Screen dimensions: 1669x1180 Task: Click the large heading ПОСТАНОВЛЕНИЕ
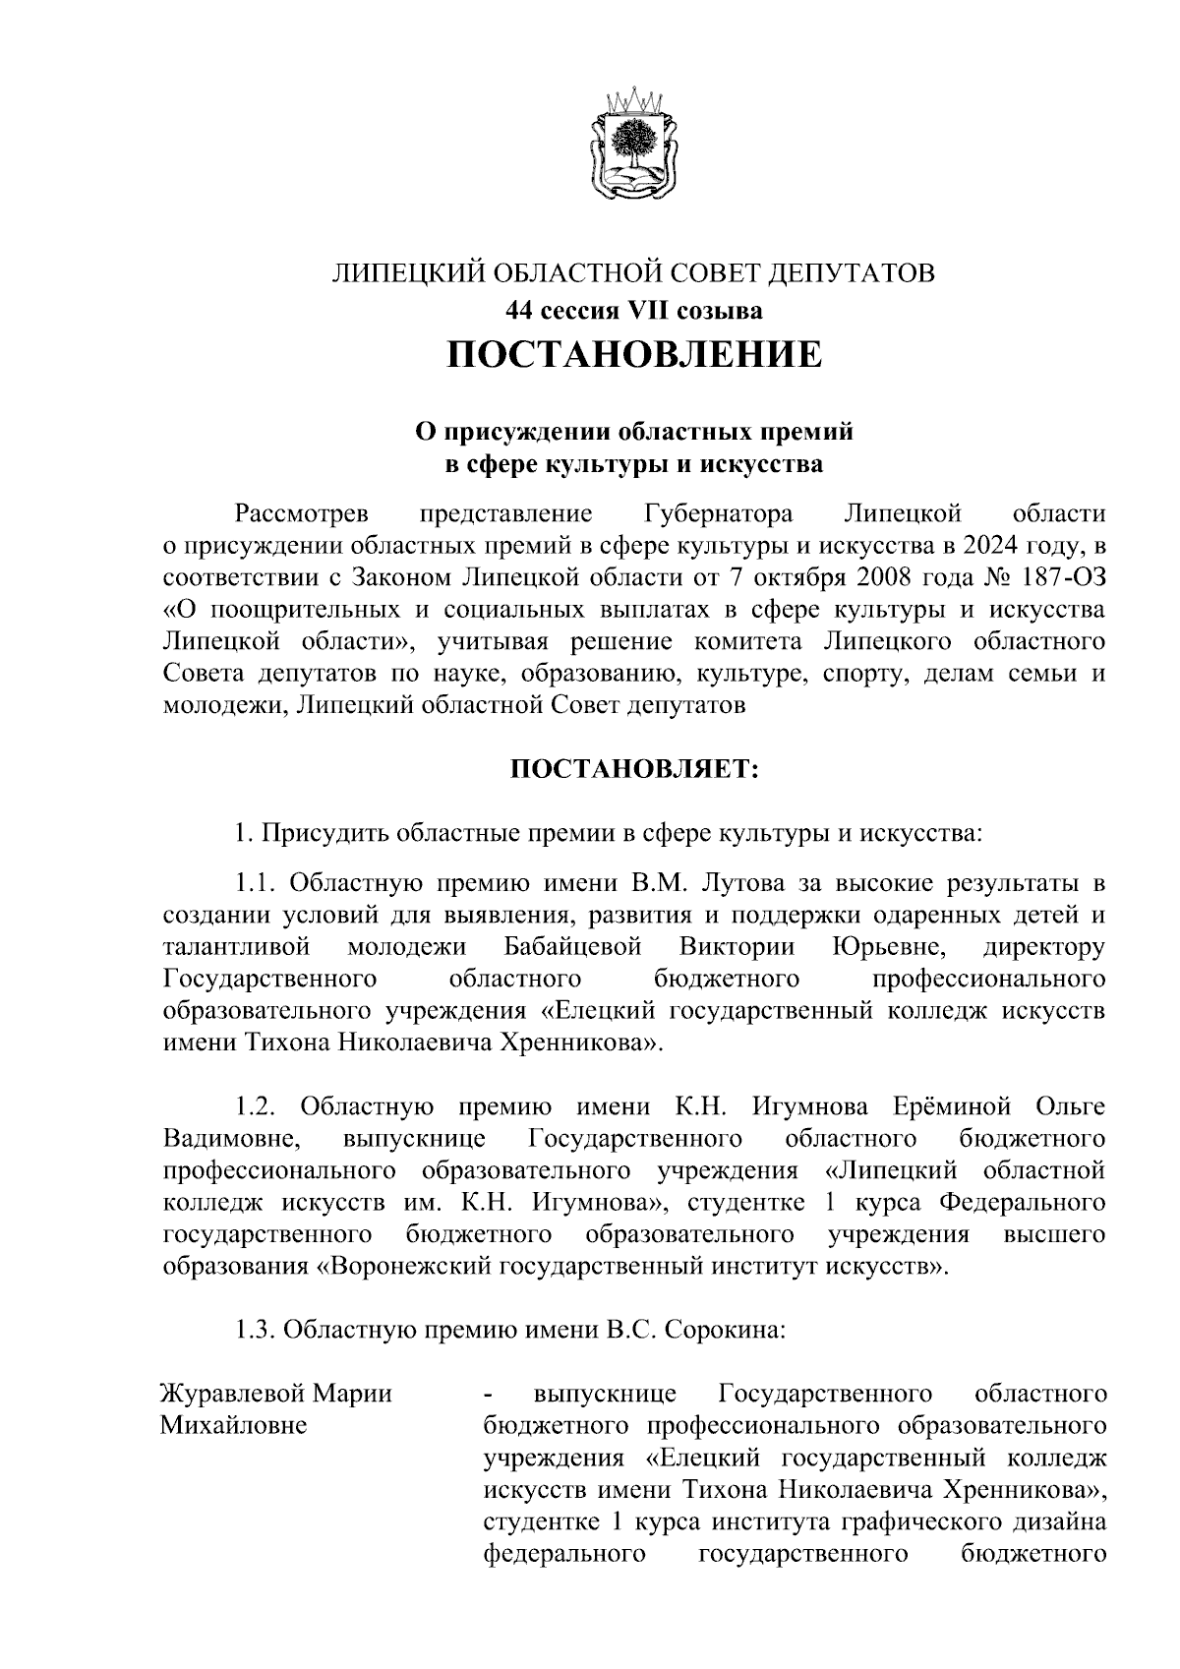(x=634, y=354)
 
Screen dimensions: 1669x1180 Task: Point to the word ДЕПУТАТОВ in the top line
(x=854, y=272)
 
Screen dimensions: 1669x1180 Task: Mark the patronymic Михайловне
(x=233, y=1426)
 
